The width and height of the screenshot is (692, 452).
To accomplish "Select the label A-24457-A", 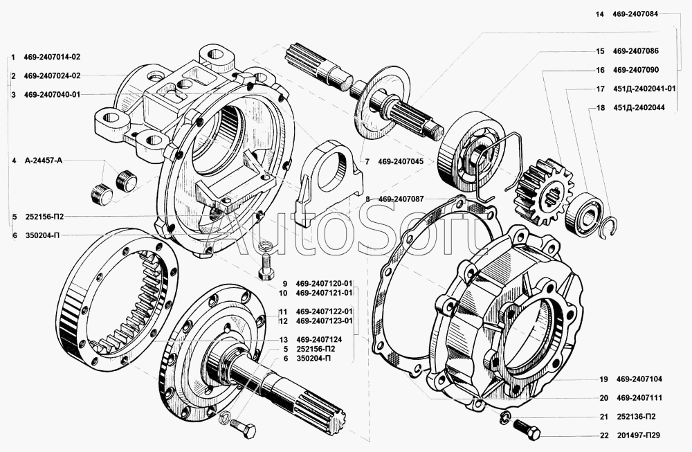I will click(42, 161).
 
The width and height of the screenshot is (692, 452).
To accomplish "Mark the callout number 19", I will click(603, 379).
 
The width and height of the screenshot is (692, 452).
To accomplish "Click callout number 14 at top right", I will click(599, 13).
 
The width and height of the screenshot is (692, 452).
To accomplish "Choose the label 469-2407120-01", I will click(324, 283).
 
